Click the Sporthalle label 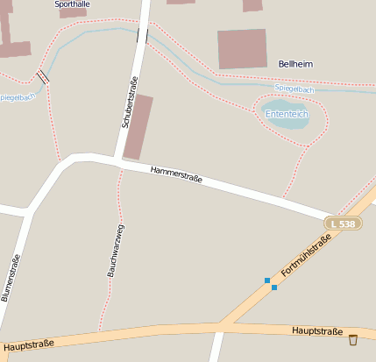72,4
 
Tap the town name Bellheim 295,64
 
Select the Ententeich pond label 287,114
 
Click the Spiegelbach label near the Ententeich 294,89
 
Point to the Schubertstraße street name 129,103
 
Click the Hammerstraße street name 176,174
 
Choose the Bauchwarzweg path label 115,251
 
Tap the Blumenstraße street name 11,278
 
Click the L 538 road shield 343,224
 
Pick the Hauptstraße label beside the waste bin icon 316,331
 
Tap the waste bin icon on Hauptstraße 353,339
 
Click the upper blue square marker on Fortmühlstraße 267,280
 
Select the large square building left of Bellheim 242,49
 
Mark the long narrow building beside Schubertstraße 138,128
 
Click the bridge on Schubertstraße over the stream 142,35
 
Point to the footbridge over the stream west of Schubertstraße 42,77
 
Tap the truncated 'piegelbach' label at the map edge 18,96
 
